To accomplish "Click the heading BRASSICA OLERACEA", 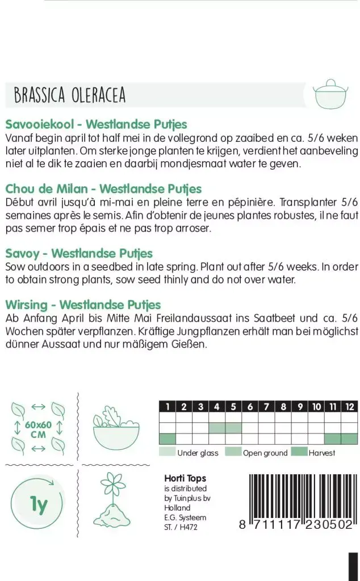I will coord(69,95).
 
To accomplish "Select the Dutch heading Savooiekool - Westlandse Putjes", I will coord(96,124).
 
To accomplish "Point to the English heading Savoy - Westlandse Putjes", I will coord(79,253).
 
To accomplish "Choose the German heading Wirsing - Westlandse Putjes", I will coord(83,305).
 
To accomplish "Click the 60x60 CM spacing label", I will coord(39,430).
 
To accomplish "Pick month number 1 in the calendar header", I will coord(168,406).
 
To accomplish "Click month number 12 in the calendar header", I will coord(350,406).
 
